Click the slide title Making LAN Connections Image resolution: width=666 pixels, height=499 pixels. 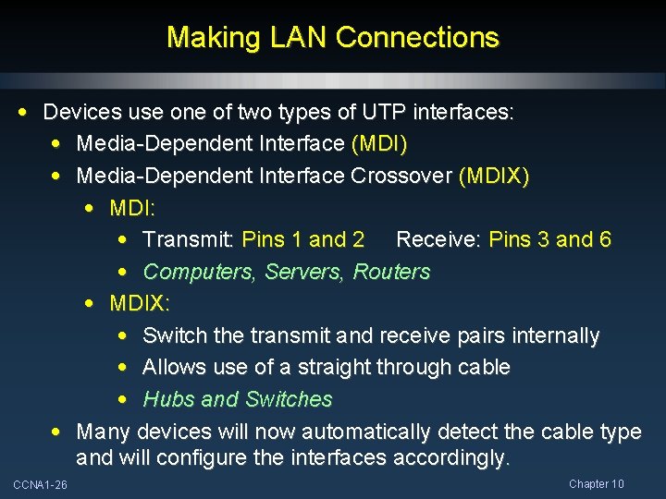coord(333,38)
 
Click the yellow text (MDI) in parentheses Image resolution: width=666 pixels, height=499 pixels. coord(379,144)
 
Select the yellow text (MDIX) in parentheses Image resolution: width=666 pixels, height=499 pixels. coord(494,176)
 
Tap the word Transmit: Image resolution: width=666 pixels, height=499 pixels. coord(189,240)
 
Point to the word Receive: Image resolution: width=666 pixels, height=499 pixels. coord(438,240)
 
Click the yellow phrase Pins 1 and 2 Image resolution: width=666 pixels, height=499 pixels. coord(302,240)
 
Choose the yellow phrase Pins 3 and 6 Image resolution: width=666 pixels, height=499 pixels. coord(549,240)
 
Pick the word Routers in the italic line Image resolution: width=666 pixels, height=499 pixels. coord(392,272)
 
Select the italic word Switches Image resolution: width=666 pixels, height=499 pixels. coord(288,399)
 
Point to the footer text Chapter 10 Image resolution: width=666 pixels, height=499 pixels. coord(597,484)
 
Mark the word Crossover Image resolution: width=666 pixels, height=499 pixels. coord(401,176)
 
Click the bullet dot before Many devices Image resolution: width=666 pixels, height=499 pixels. coord(57,431)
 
